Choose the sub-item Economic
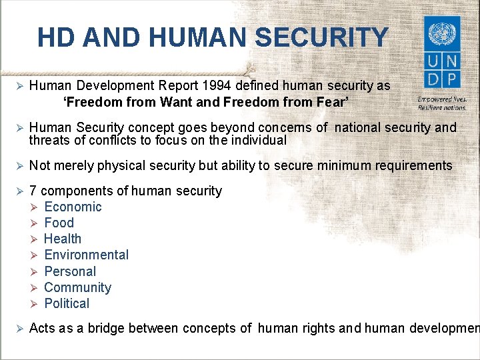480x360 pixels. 73,207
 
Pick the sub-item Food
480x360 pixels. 59,223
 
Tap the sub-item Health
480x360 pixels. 63,239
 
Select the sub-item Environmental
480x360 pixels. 86,255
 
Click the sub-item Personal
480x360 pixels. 70,271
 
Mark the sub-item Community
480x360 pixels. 77,287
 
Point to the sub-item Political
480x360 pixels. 67,303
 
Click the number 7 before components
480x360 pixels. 33,191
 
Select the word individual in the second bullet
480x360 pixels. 256,141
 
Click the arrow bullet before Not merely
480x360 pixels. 19,166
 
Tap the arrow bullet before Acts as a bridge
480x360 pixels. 19,328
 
